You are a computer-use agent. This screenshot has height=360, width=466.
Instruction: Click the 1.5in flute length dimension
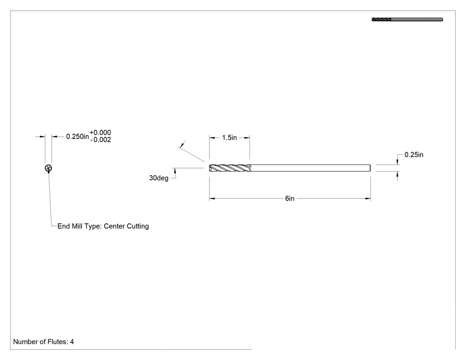click(x=229, y=138)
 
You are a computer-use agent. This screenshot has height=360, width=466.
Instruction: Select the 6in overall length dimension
click(x=290, y=198)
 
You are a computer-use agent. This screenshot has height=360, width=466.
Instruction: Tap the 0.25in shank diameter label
click(x=414, y=154)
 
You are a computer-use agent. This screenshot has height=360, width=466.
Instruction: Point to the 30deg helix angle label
click(x=159, y=178)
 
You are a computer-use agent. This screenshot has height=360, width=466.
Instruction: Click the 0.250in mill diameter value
click(x=77, y=136)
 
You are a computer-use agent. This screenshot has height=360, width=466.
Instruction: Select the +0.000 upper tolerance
click(x=100, y=133)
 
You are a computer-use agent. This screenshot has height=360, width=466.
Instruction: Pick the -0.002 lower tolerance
click(x=100, y=140)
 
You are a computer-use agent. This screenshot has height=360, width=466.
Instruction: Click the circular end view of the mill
click(x=48, y=168)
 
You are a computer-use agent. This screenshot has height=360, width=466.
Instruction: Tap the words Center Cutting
click(x=126, y=226)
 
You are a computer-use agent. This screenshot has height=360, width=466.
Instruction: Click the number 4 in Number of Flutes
click(x=72, y=342)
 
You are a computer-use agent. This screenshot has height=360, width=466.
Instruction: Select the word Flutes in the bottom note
click(x=58, y=342)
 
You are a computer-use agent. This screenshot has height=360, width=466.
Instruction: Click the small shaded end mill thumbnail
click(x=407, y=20)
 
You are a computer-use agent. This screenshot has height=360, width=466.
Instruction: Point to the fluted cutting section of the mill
click(x=230, y=168)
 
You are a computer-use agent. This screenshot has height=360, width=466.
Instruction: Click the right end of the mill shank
click(x=370, y=168)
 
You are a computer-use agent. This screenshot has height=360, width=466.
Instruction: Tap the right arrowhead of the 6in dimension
click(x=368, y=198)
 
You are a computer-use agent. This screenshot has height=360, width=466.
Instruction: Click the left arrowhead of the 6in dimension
click(x=212, y=198)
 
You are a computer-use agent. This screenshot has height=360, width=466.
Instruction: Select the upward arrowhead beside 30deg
click(x=175, y=170)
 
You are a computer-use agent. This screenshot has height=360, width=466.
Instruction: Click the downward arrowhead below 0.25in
click(x=397, y=162)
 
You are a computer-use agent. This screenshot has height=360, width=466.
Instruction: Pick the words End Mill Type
click(x=79, y=226)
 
